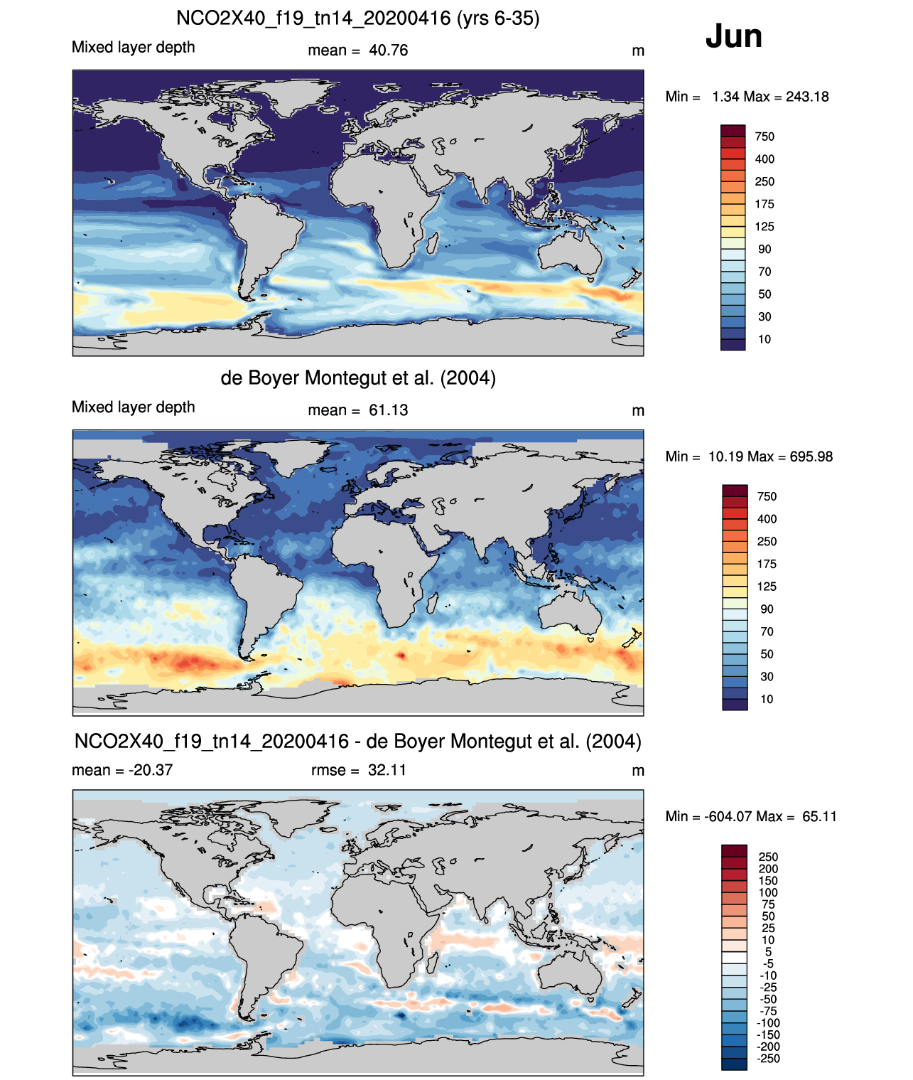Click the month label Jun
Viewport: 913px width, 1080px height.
click(x=733, y=36)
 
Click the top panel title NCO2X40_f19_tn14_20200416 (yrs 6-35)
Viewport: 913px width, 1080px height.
click(x=357, y=18)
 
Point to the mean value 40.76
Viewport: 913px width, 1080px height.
click(x=389, y=50)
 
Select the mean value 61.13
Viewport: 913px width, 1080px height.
click(x=389, y=410)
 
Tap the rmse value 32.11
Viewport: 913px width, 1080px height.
click(x=387, y=770)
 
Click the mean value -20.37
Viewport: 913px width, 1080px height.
click(x=151, y=770)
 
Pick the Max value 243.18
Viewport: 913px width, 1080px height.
click(x=807, y=97)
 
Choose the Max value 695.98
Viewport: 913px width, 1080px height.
click(x=811, y=456)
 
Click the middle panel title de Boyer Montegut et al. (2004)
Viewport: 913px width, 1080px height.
click(x=358, y=378)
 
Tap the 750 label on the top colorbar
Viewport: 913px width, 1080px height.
click(x=765, y=137)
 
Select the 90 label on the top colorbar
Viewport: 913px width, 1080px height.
click(x=765, y=250)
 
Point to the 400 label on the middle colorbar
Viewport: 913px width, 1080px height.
click(x=767, y=519)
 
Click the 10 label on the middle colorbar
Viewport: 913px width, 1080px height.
click(x=767, y=700)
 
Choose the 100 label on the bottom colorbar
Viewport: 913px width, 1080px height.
click(x=768, y=893)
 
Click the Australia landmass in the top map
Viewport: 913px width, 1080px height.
click(x=570, y=252)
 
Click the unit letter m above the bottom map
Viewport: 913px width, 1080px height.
click(x=638, y=771)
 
